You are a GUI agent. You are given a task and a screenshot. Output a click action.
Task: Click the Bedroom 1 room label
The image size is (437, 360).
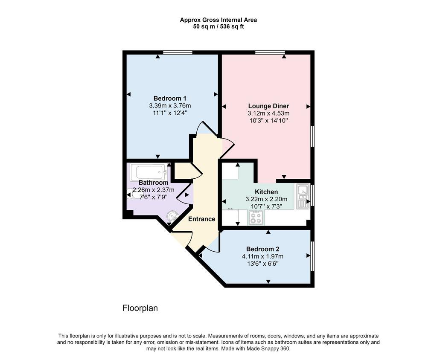(170, 99)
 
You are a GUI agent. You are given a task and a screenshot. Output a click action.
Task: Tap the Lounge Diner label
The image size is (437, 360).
(268, 106)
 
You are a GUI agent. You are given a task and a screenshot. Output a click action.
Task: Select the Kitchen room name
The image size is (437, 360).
(266, 192)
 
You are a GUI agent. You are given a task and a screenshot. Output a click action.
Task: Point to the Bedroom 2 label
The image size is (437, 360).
(262, 249)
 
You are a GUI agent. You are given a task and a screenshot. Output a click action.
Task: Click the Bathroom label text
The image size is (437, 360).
(153, 183)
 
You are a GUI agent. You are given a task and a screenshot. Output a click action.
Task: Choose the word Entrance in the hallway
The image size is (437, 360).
(201, 219)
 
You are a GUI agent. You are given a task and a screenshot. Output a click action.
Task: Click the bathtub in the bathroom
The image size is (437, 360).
(149, 172)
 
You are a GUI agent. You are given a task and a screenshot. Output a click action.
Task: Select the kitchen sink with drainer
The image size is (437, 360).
(303, 196)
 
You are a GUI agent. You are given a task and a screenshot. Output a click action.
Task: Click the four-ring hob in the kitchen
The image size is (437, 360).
(256, 218)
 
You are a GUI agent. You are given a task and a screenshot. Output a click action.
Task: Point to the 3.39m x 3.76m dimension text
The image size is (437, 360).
(170, 106)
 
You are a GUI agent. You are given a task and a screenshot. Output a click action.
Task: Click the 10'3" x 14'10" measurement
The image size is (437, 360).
(268, 121)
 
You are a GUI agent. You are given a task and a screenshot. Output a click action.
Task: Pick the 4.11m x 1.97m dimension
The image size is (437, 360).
(262, 256)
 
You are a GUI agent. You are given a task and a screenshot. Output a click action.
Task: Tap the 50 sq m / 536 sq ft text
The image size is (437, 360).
(218, 27)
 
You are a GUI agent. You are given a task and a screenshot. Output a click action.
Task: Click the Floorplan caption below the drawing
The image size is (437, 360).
(140, 308)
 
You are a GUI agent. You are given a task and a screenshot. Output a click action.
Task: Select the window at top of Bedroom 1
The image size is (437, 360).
(178, 52)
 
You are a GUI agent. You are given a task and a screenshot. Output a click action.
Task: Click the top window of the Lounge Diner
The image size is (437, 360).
(270, 52)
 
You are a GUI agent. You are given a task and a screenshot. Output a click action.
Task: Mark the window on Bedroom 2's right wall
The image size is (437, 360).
(312, 256)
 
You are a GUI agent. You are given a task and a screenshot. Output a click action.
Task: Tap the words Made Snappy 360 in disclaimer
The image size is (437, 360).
(268, 348)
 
